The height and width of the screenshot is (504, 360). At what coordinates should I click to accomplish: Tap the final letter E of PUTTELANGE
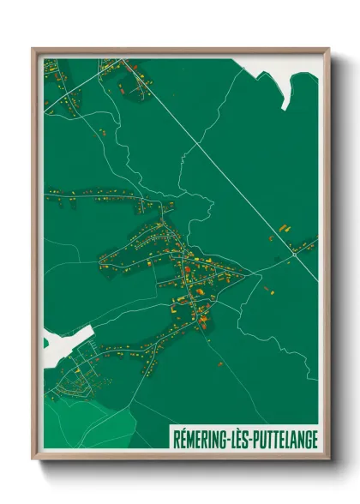point(314,438)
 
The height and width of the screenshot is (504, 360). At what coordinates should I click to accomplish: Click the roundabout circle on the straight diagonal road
point(294,255)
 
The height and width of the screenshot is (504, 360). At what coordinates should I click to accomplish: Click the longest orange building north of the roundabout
point(282,228)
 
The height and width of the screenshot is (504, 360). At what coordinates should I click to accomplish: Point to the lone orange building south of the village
point(220,364)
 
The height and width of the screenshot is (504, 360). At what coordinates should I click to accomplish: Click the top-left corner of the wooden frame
point(33,49)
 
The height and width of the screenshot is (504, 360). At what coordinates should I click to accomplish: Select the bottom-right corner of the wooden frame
point(329,459)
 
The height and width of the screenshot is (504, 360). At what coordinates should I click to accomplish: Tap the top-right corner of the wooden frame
point(329,49)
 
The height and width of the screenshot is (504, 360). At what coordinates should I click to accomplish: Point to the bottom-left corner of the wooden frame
point(33,459)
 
